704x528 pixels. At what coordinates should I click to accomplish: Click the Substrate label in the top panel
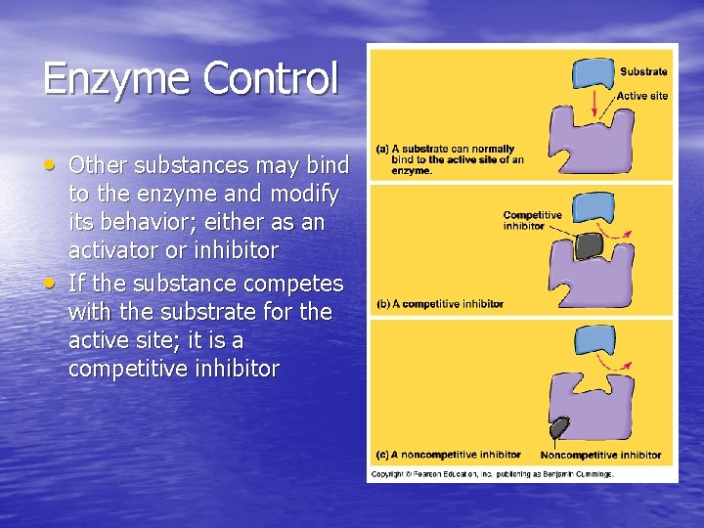pos(643,71)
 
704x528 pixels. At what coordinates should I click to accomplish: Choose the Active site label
pos(641,96)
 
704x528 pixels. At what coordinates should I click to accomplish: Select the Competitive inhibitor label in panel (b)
pos(532,220)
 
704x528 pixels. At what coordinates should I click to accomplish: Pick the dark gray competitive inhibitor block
pos(589,246)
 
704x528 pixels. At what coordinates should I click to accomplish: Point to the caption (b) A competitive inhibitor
pos(439,304)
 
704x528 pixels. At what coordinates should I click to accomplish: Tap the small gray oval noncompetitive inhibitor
pos(560,428)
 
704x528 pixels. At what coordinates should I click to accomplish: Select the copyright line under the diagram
pos(492,474)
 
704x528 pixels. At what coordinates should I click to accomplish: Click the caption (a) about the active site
pos(451,159)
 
